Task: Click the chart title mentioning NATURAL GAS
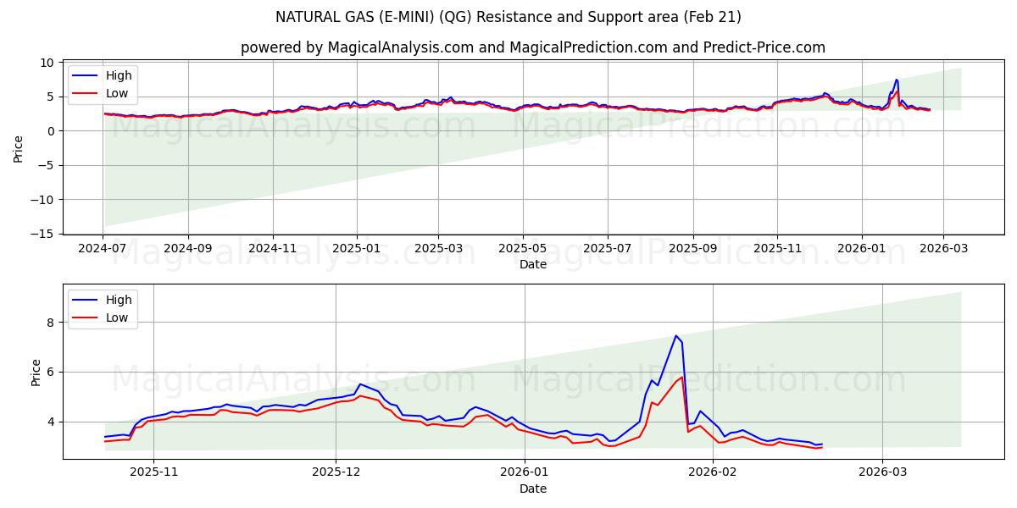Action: pyautogui.click(x=508, y=17)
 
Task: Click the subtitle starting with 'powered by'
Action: pyautogui.click(x=532, y=47)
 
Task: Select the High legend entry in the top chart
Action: pyautogui.click(x=118, y=75)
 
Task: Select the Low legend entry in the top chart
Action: pyautogui.click(x=117, y=93)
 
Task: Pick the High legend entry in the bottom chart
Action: pyautogui.click(x=118, y=300)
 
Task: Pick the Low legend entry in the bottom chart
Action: pyautogui.click(x=117, y=317)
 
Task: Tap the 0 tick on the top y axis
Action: pyautogui.click(x=52, y=131)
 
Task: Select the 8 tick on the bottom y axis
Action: pyautogui.click(x=50, y=323)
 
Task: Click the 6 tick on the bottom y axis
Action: pyautogui.click(x=50, y=372)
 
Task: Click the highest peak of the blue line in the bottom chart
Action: pyautogui.click(x=676, y=336)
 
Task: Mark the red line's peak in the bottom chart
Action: pyautogui.click(x=681, y=377)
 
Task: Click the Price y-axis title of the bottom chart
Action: pyautogui.click(x=36, y=372)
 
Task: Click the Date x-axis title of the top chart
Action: pyautogui.click(x=533, y=265)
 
